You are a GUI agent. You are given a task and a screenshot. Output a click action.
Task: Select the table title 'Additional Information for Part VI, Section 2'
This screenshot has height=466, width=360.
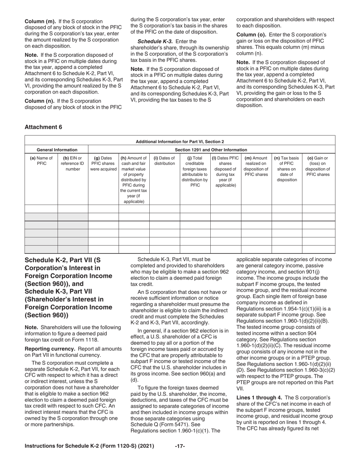coord(180,141)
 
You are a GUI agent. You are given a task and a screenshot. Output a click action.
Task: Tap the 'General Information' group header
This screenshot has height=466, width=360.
coord(56,150)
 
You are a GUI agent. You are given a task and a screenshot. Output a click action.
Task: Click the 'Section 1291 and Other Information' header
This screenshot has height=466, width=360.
coord(211,150)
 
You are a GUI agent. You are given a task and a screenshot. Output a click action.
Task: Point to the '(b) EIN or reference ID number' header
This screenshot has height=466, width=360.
coord(72,163)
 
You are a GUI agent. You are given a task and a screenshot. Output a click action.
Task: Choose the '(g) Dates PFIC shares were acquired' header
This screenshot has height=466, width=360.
coord(103,163)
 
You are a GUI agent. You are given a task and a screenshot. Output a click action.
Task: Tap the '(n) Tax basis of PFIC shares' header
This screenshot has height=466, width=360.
coord(286,169)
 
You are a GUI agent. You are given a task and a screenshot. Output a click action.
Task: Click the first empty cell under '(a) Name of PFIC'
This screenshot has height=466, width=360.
coord(41,209)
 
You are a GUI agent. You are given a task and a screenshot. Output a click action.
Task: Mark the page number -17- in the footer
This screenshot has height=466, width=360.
coord(180,446)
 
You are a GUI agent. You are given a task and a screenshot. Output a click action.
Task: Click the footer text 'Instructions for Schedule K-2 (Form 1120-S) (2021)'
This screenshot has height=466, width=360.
coord(89,446)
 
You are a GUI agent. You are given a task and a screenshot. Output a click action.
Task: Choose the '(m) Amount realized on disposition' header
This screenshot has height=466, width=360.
coord(256,166)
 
